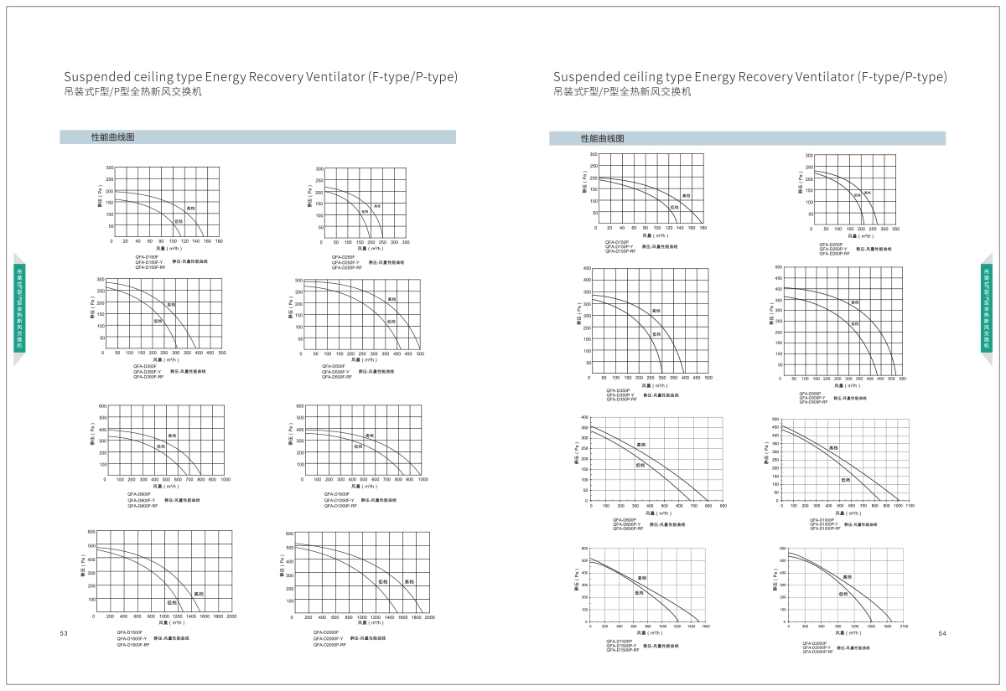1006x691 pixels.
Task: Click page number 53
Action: [x=64, y=633]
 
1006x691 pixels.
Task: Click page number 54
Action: [x=941, y=633]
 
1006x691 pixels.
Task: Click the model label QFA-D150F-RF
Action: [x=150, y=266]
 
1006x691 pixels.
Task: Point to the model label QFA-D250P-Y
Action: [x=832, y=249]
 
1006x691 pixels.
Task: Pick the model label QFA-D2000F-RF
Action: [x=329, y=645]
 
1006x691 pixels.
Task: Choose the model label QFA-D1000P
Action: [x=822, y=519]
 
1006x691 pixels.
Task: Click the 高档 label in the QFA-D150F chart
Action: [x=190, y=208]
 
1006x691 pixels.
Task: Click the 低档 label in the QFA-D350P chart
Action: [x=656, y=333]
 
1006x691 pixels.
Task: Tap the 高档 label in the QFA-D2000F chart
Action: [x=409, y=581]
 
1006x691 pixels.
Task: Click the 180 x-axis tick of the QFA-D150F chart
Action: [x=219, y=241]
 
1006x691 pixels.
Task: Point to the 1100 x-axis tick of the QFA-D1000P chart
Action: [x=910, y=506]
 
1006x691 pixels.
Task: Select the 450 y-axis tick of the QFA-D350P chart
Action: [x=586, y=269]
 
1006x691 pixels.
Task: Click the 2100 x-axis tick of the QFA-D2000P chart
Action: [x=904, y=626]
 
